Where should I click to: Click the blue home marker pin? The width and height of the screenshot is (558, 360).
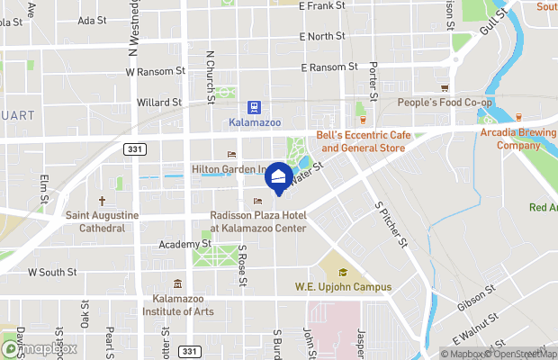pyautogui.click(x=279, y=176)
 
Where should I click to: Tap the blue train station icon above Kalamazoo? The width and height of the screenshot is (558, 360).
pyautogui.click(x=255, y=105)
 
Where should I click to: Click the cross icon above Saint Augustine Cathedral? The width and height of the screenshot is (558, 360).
pyautogui.click(x=102, y=202)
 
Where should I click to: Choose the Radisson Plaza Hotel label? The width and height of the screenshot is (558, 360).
pyautogui.click(x=258, y=221)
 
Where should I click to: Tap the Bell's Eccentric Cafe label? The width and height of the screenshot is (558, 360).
pyautogui.click(x=364, y=141)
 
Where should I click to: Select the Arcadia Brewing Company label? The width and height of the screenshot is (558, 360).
pyautogui.click(x=519, y=139)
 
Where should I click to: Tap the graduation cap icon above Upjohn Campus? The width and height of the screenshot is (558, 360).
pyautogui.click(x=342, y=272)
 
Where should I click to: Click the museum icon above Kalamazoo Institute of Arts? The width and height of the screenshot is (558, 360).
pyautogui.click(x=177, y=284)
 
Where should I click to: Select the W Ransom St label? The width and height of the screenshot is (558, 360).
pyautogui.click(x=156, y=70)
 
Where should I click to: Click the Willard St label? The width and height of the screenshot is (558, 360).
pyautogui.click(x=158, y=103)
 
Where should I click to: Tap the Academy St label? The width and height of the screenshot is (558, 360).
pyautogui.click(x=184, y=244)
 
